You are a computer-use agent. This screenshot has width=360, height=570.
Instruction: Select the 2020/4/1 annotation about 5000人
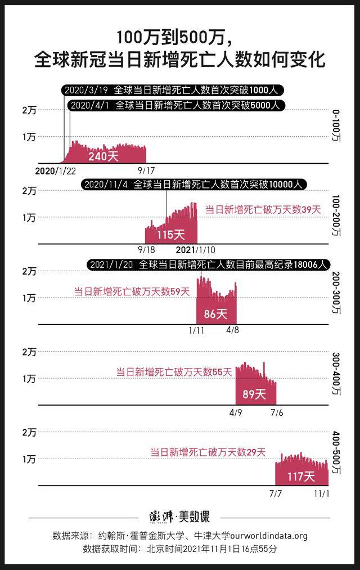[x=177, y=105]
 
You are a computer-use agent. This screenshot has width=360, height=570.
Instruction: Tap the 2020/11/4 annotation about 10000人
[x=195, y=185]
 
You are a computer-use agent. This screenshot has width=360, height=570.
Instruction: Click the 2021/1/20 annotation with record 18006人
[x=208, y=264]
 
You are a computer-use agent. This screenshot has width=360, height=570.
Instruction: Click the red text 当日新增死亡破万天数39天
[x=262, y=210]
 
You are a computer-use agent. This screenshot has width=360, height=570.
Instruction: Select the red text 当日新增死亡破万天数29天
[x=208, y=452]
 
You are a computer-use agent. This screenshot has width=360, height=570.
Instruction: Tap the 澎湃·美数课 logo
[x=179, y=516]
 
